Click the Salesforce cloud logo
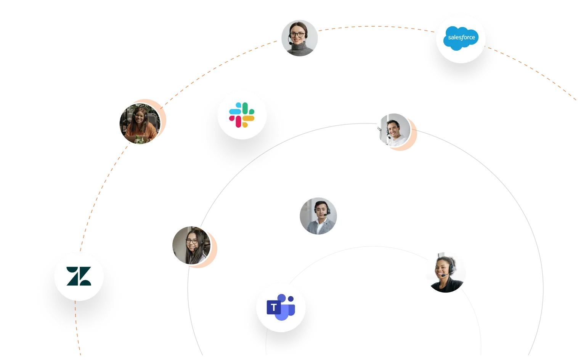pyautogui.click(x=461, y=38)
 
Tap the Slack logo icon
pyautogui.click(x=242, y=115)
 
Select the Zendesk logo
pyautogui.click(x=79, y=276)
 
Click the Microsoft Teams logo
pyautogui.click(x=281, y=307)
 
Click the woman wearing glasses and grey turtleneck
pyautogui.click(x=299, y=38)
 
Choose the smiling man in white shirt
pyautogui.click(x=393, y=130)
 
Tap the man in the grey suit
pyautogui.click(x=318, y=216)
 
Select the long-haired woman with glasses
pyautogui.click(x=191, y=246)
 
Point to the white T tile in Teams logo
pyautogui.click(x=273, y=307)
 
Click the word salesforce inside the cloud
pyautogui.click(x=461, y=37)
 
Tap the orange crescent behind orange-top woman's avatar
pyautogui.click(x=162, y=118)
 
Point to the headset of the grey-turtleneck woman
pyautogui.click(x=289, y=38)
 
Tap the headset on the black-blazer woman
pyautogui.click(x=451, y=268)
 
